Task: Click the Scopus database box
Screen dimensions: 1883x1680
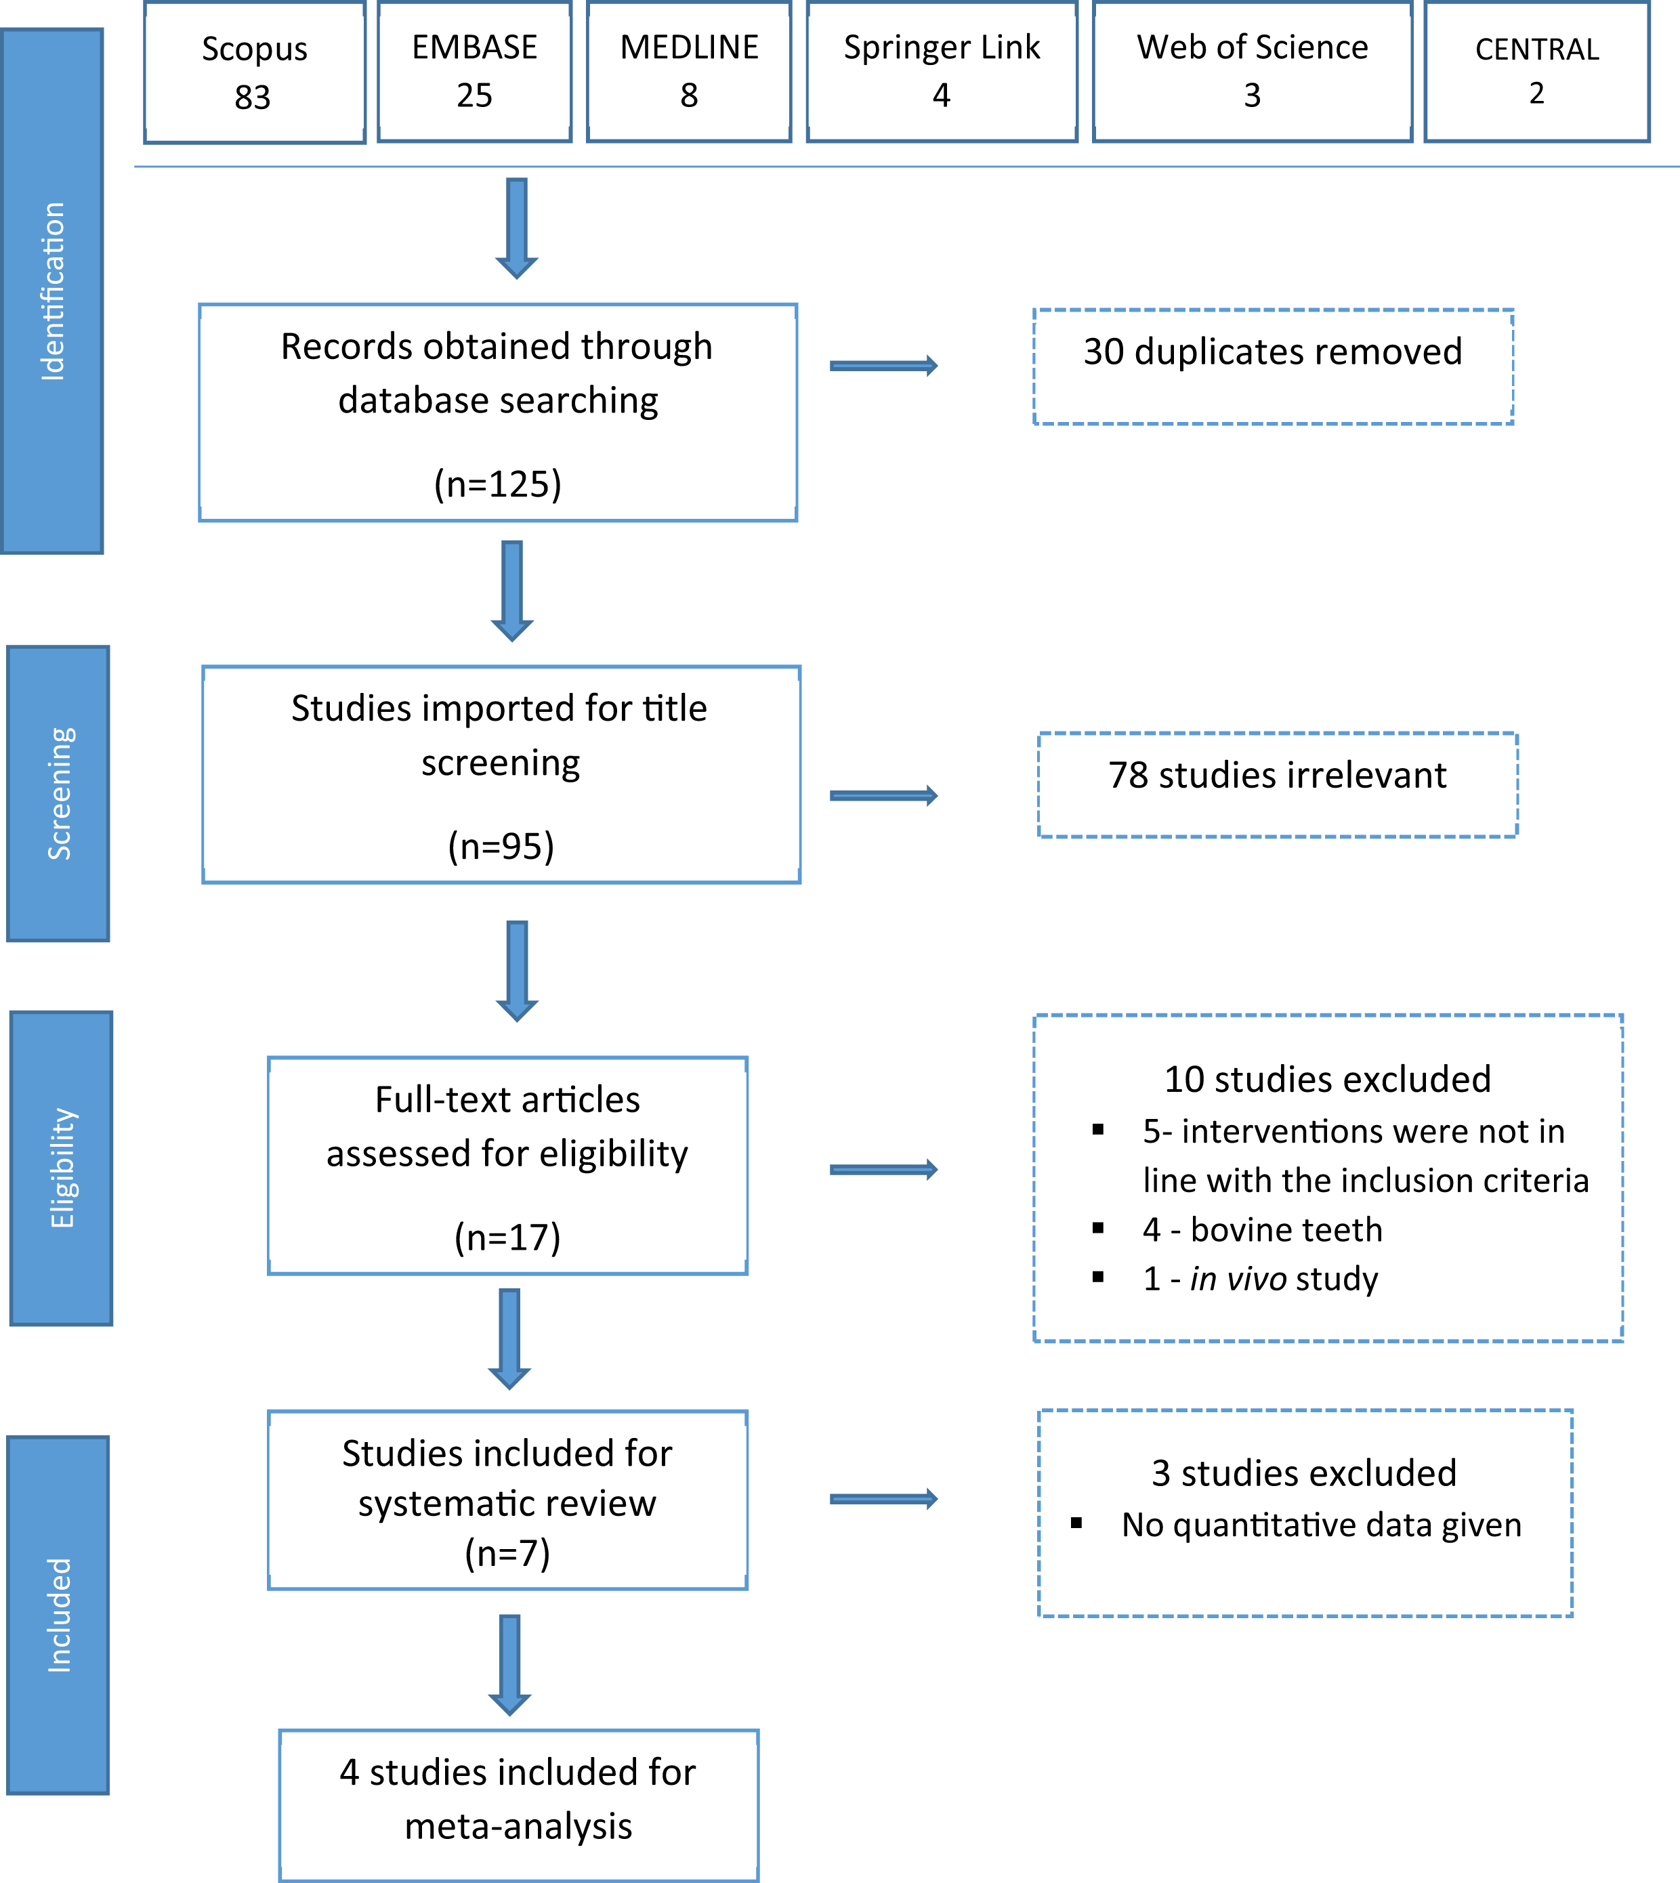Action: (255, 72)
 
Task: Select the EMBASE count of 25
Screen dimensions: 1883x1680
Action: (474, 95)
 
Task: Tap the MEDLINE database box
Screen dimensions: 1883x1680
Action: (689, 72)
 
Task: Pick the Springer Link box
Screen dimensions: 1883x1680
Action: (942, 72)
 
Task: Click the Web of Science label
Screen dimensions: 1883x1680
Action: (1252, 47)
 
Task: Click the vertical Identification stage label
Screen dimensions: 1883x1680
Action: (53, 292)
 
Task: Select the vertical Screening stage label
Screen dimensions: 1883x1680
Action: (58, 794)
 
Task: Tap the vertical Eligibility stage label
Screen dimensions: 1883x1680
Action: (62, 1168)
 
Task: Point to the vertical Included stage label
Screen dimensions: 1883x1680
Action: (58, 1615)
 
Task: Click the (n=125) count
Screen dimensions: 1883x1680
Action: (497, 484)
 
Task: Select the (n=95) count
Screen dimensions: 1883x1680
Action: (501, 845)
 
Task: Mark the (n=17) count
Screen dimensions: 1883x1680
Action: (507, 1237)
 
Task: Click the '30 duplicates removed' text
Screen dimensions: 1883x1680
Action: (1272, 352)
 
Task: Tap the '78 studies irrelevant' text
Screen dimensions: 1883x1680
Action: (1277, 776)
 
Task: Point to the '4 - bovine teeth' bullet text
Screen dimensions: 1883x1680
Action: (1262, 1229)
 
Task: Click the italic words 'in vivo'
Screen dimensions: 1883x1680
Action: (1238, 1278)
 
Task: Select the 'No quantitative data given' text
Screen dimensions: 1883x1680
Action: (1321, 1525)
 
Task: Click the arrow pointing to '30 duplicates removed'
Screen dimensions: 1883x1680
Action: (883, 366)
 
